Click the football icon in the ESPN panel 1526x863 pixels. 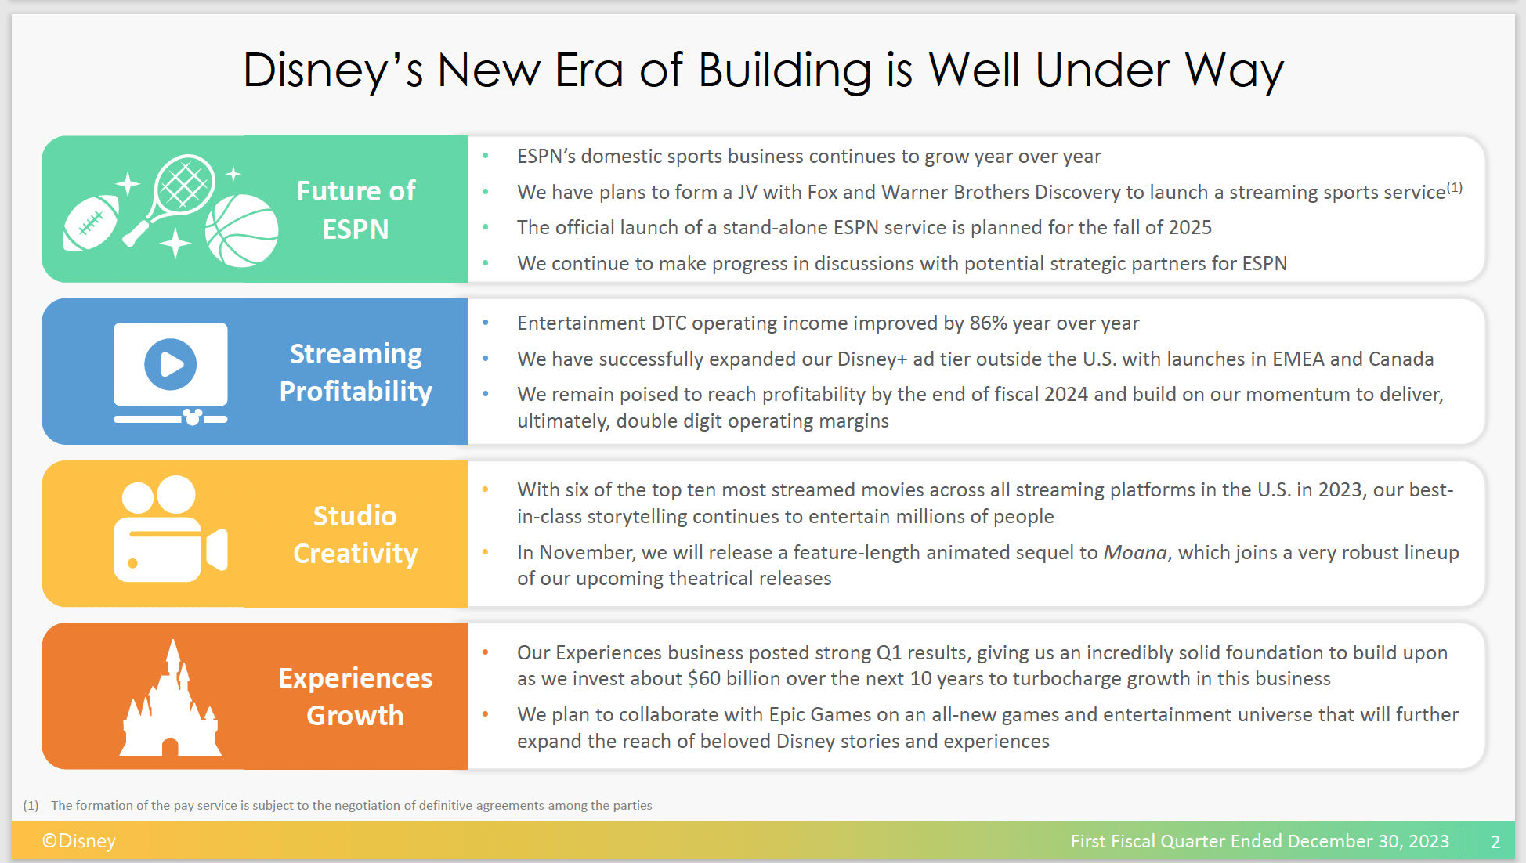tap(91, 223)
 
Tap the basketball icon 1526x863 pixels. tap(241, 230)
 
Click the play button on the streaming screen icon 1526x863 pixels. tap(171, 364)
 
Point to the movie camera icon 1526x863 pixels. tap(171, 529)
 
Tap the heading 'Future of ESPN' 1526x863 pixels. tap(356, 210)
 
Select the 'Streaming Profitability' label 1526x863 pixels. tap(356, 372)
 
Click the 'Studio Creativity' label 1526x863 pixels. tap(356, 534)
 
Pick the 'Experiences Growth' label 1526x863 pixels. tap(356, 696)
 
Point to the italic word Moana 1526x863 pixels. tap(1135, 552)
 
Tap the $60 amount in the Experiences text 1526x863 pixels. tap(704, 678)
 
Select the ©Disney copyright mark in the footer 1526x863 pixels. tap(79, 841)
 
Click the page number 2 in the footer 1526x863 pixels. tap(1495, 842)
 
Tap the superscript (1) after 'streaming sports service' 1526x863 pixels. tap(1455, 187)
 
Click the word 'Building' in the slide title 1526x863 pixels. tap(785, 71)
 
